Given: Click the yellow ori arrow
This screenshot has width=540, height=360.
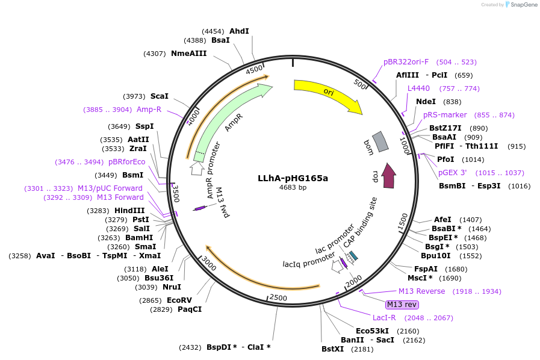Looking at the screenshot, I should coord(328,93).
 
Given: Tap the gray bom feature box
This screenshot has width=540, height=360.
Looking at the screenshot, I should coord(380,142).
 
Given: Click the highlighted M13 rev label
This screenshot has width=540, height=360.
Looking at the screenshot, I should coord(402,305).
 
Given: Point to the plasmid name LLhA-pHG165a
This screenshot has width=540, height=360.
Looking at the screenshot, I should coord(293,178).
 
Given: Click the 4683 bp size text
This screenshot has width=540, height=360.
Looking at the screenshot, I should coord(293,188).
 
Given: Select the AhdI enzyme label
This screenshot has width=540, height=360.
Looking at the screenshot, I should coord(239,31).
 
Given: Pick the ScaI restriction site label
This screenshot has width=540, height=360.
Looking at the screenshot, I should coord(160,96).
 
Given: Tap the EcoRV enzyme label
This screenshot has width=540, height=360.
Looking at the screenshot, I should coord(179,300).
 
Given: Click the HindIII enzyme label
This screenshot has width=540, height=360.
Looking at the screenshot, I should coord(129,211).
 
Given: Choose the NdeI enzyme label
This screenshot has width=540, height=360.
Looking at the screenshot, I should coord(426,102).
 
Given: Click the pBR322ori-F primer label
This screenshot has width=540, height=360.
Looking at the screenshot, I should coord(406,62).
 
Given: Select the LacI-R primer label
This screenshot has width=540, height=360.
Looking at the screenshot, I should coord(384,318).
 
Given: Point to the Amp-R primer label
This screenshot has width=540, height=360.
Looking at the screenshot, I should coord(149,110).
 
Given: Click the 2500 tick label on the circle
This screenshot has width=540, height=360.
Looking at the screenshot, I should coord(278,297).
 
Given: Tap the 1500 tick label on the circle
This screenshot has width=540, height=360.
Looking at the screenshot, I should coord(403,221).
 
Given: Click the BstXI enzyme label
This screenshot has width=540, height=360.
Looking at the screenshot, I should coord(332,349).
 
